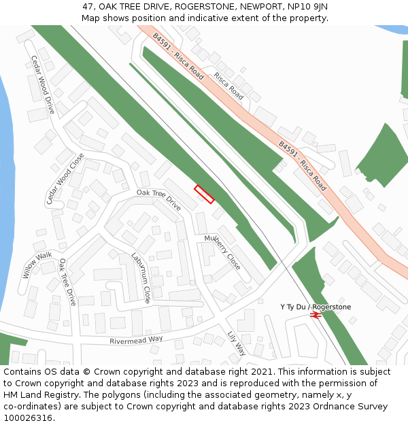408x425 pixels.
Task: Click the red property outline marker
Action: point(204,194)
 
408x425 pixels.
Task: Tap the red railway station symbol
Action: point(315,315)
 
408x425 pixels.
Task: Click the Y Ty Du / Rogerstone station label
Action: point(316,307)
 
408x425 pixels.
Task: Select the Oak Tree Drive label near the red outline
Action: point(158,200)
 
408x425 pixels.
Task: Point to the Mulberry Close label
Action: point(222,252)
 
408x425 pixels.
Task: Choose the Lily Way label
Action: point(237,343)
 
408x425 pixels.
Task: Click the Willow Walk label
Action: point(37,265)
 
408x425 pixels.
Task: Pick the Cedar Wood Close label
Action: point(65,178)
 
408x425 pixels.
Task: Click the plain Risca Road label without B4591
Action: point(228,86)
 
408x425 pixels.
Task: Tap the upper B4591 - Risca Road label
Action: point(178,56)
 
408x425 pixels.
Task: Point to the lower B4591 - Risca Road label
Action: point(303,165)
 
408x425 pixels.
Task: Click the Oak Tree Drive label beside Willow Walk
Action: point(67,282)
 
